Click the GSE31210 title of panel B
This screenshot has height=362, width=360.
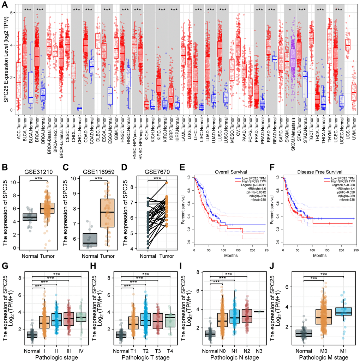[38, 173]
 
